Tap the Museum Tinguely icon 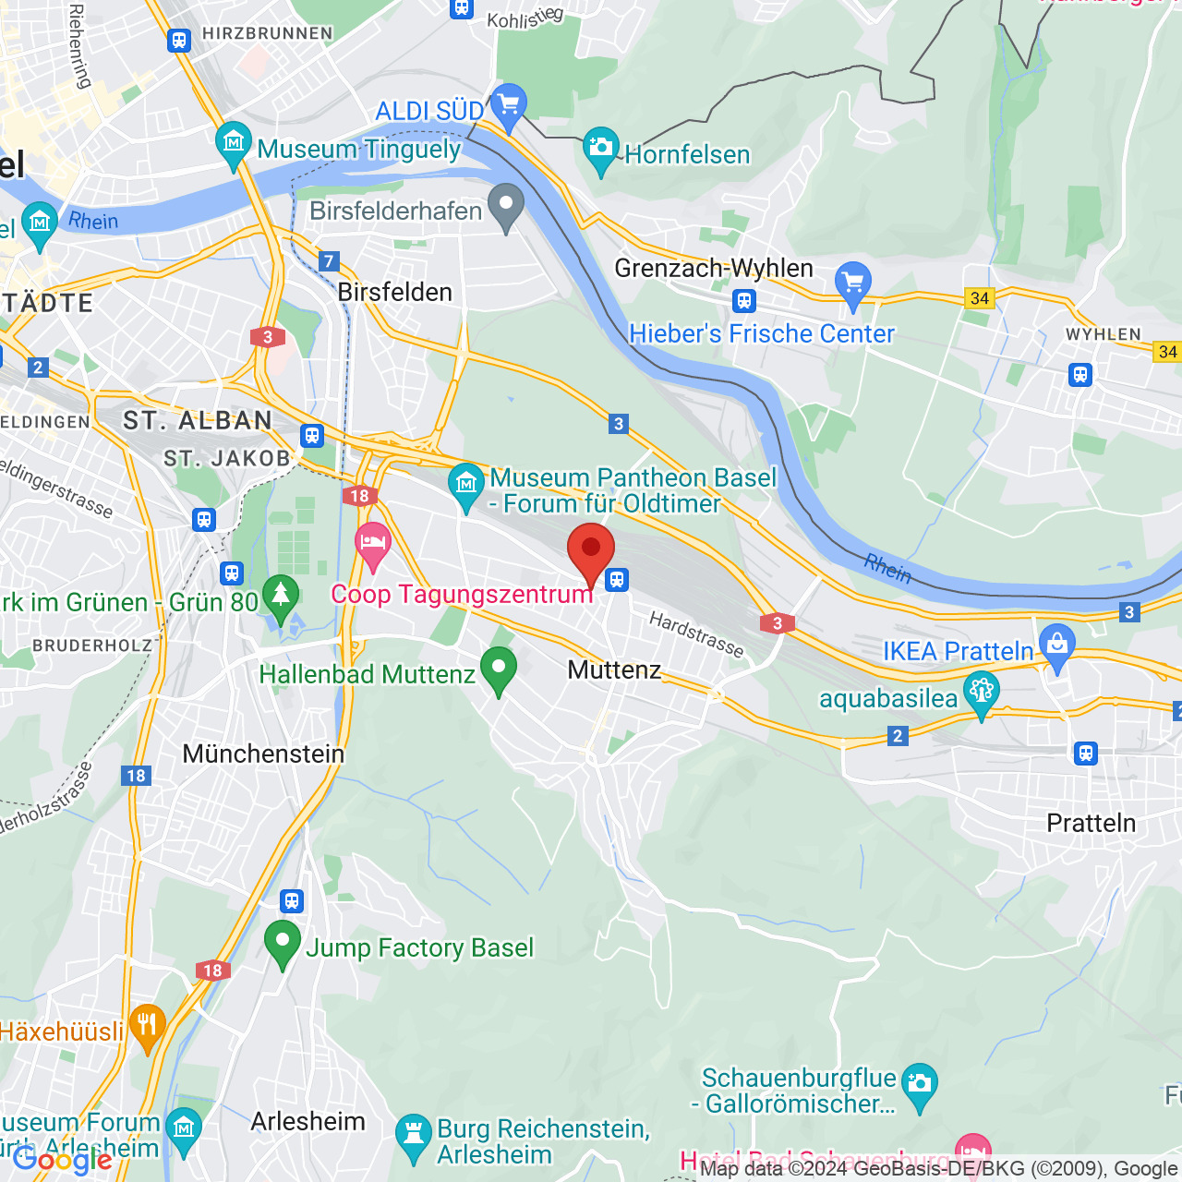(233, 144)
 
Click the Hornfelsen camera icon (600, 148)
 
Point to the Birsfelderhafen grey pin (505, 206)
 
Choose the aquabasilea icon (981, 693)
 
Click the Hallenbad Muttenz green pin (499, 669)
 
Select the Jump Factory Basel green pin (283, 943)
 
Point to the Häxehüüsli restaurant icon (147, 1025)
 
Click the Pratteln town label (1091, 823)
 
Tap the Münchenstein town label (263, 754)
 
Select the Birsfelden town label (394, 292)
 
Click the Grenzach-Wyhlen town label (714, 268)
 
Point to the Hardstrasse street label (696, 634)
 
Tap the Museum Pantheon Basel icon (466, 485)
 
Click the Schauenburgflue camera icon (919, 1084)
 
